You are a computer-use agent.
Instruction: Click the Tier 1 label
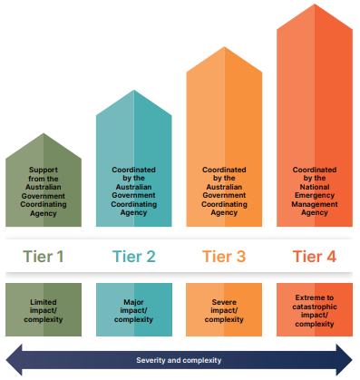[x=44, y=257]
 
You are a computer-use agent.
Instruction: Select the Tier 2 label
[x=133, y=257]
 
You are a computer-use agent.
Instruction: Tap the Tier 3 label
[x=223, y=257]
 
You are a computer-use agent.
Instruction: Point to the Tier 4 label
[x=313, y=257]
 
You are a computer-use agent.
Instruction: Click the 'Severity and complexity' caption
[x=180, y=360]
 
